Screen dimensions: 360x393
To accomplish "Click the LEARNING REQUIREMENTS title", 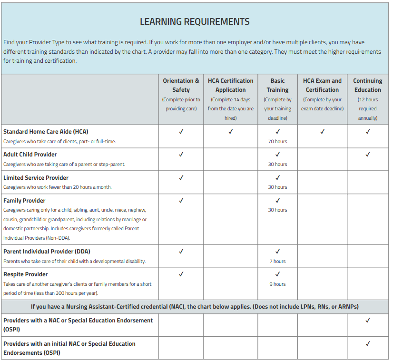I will pos(195,21).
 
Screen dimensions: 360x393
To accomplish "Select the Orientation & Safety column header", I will pos(181,85).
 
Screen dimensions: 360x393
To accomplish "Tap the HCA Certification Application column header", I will pos(230,85).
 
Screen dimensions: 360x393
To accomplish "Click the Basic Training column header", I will pos(277,85).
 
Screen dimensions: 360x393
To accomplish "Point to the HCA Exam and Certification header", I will pos(322,85).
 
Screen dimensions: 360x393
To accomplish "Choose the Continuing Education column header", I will pos(367,85).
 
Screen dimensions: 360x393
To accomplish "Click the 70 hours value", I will pos(277,141).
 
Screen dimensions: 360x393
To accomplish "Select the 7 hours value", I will pos(277,261).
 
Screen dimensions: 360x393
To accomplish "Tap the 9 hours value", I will pos(277,284).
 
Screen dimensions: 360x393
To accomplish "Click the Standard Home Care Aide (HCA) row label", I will pos(46,132).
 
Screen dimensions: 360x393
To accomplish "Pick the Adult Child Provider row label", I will pos(30,155).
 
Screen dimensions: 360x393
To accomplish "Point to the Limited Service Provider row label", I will pos(36,177).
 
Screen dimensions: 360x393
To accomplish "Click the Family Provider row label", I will pos(24,200).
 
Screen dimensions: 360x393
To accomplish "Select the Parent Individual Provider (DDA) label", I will pos(47,252).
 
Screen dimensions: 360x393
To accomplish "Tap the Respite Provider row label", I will pos(26,274).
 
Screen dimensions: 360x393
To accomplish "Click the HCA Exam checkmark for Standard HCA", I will pos(322,132).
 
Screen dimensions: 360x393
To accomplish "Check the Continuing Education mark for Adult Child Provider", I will pos(367,155).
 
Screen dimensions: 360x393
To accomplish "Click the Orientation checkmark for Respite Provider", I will pos(181,274).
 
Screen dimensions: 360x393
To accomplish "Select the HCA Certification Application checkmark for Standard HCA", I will pos(230,132).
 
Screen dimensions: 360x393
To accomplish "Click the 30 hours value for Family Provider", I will pos(277,210).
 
